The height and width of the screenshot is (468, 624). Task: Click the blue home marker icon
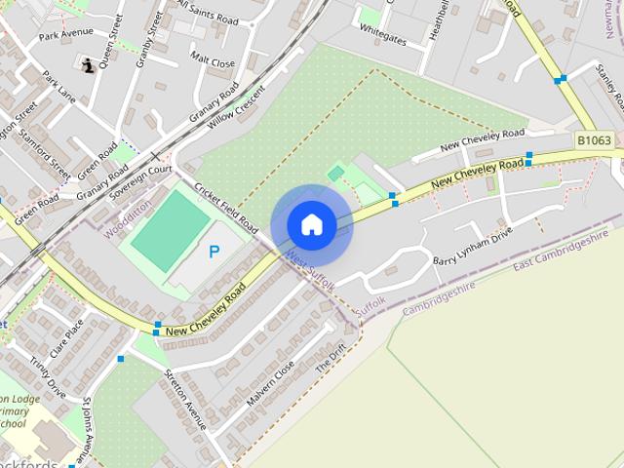[311, 225]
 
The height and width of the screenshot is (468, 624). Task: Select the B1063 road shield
[594, 141]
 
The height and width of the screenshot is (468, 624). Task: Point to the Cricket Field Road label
[225, 206]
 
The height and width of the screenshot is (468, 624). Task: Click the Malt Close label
[213, 60]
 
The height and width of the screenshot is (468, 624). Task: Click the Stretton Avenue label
[185, 400]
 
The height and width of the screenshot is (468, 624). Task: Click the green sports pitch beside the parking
[171, 229]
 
